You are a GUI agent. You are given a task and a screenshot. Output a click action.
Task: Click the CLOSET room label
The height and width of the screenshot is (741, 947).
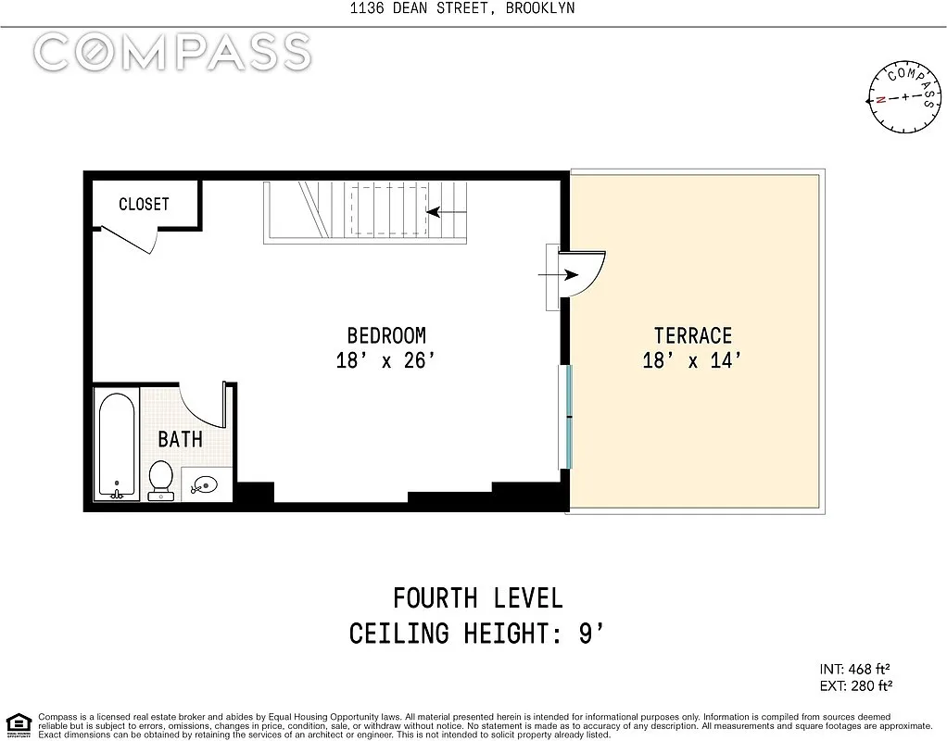pyautogui.click(x=144, y=204)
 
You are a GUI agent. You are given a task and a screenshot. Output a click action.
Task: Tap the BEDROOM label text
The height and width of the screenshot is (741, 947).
pyautogui.click(x=386, y=335)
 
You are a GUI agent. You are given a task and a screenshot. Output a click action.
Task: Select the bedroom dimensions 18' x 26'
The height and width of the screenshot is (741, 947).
pyautogui.click(x=385, y=360)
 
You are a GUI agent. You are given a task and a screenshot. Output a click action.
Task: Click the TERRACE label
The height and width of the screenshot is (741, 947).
pyautogui.click(x=693, y=335)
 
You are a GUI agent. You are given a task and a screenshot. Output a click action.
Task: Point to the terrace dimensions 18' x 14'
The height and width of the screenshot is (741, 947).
pyautogui.click(x=692, y=360)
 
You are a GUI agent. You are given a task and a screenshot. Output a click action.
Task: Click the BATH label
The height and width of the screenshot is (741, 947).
pyautogui.click(x=180, y=439)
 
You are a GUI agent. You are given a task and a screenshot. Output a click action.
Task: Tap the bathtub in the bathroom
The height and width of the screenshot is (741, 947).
pyautogui.click(x=117, y=446)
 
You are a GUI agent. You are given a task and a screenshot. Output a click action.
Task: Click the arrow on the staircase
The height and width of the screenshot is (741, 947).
pyautogui.click(x=447, y=212)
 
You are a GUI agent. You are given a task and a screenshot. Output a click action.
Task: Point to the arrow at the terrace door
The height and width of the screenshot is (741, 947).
pyautogui.click(x=558, y=275)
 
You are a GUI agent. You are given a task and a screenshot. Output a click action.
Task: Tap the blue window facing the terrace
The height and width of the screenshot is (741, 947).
pyautogui.click(x=568, y=417)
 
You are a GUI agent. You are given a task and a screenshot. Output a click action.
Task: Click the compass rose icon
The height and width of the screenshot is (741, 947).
pyautogui.click(x=904, y=96)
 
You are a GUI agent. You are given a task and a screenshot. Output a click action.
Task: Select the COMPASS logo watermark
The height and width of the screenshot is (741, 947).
pyautogui.click(x=172, y=52)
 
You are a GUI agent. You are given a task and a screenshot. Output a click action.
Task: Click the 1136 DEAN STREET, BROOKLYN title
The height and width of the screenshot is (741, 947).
pyautogui.click(x=462, y=7)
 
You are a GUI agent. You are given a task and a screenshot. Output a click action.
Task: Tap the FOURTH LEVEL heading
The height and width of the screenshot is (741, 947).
pyautogui.click(x=478, y=598)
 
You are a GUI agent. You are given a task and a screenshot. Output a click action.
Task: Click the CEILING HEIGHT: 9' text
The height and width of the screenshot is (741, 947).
pyautogui.click(x=476, y=634)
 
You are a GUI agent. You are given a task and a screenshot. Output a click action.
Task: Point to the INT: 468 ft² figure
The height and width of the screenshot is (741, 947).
pyautogui.click(x=854, y=669)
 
